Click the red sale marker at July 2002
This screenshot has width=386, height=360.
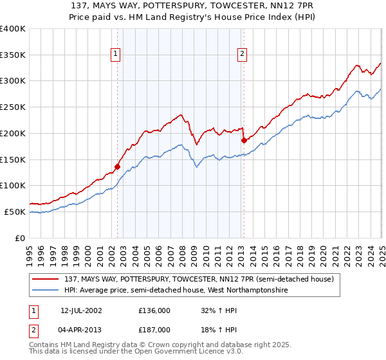(x=118, y=166)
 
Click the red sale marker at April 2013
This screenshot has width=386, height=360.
(x=244, y=140)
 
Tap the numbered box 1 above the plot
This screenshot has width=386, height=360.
(x=115, y=55)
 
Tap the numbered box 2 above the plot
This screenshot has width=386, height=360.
(x=243, y=55)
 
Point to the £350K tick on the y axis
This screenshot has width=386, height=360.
(x=13, y=55)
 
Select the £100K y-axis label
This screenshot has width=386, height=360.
(x=13, y=186)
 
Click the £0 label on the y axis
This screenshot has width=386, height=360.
(x=21, y=238)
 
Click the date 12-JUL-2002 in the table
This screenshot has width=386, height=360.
(x=82, y=310)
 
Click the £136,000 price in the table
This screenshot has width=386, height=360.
(x=154, y=310)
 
